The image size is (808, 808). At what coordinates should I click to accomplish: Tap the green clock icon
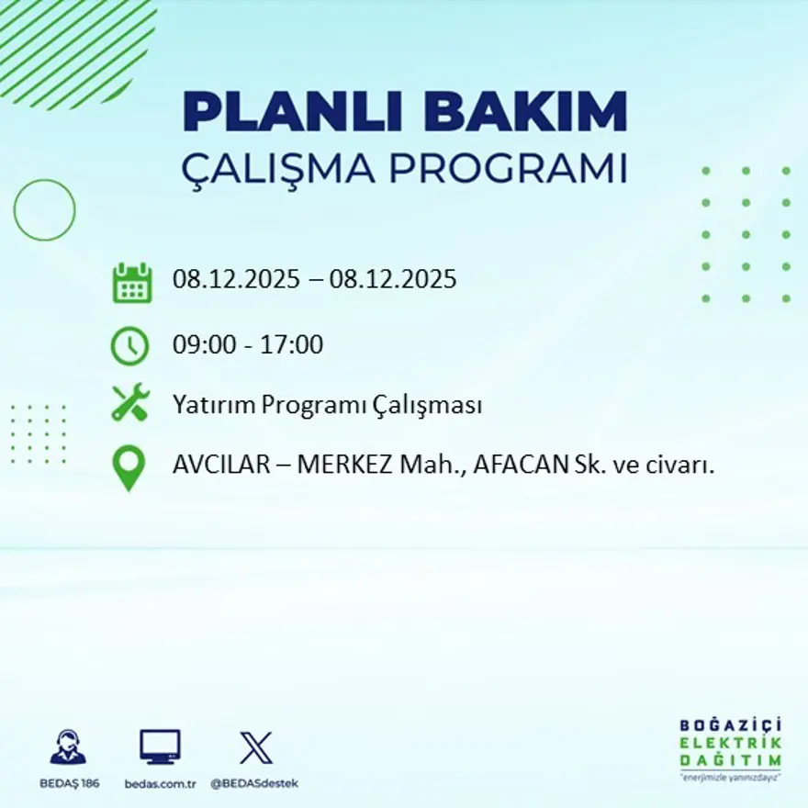[x=129, y=346]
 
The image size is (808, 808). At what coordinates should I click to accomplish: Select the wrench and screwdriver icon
[x=129, y=403]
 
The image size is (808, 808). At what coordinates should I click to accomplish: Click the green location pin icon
[x=129, y=467]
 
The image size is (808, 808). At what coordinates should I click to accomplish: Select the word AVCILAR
[x=218, y=466]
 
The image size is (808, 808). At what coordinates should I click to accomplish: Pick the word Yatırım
[x=214, y=405]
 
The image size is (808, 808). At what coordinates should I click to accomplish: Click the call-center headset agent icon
[x=68, y=747]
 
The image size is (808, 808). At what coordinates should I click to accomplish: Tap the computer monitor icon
[x=160, y=747]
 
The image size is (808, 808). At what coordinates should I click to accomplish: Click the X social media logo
[x=255, y=747]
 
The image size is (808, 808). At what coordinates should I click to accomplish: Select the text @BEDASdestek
[x=254, y=783]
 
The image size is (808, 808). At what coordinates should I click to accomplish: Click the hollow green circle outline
[x=44, y=209]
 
